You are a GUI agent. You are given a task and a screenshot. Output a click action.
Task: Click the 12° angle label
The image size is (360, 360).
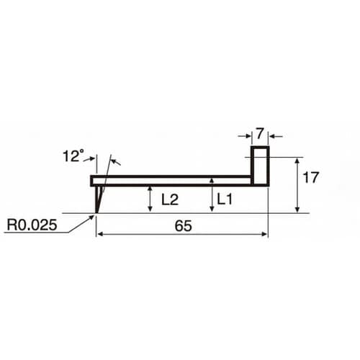73,156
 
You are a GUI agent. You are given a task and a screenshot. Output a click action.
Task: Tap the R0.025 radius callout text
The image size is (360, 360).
32,225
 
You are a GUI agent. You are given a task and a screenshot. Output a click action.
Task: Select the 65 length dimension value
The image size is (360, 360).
183,226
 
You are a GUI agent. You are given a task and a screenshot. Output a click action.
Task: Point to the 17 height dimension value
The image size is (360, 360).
310,177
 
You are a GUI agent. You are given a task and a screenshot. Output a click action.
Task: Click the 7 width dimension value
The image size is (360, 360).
260,134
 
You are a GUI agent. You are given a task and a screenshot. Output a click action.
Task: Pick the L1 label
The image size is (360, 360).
225,199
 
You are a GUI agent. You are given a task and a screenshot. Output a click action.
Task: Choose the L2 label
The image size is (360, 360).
170,199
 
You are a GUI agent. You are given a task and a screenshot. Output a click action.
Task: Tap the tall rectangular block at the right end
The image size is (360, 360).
260,166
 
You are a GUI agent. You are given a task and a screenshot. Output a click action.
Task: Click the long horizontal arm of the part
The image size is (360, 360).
171,181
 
